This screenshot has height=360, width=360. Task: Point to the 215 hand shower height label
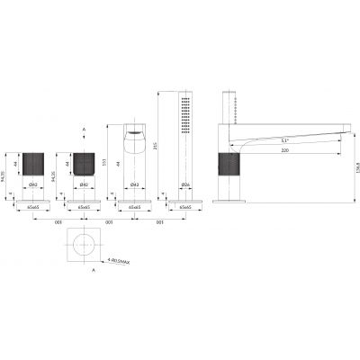[156, 146]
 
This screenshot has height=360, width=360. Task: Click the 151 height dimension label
[104, 163]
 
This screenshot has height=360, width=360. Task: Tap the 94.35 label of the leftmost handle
[5, 167]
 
